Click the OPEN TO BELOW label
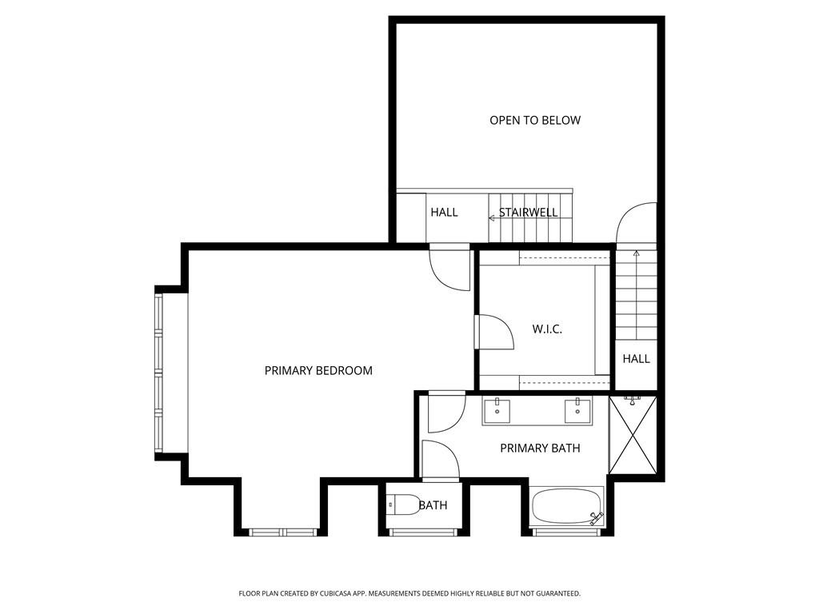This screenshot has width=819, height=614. (535, 121)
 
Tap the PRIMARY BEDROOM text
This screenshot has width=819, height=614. (318, 370)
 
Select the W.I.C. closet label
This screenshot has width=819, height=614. (547, 329)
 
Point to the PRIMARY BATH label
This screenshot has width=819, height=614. (540, 448)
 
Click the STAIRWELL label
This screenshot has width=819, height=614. (529, 212)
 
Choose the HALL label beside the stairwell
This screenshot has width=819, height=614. (444, 212)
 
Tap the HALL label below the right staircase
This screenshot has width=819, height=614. (637, 359)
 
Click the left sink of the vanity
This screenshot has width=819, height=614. (497, 411)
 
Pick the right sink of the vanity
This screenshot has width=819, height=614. (577, 411)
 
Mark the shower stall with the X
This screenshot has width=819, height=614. (633, 436)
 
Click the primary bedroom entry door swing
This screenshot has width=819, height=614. (448, 270)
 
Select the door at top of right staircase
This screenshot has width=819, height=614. (636, 224)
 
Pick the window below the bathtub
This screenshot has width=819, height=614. (566, 532)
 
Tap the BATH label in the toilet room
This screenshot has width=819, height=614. (433, 505)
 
